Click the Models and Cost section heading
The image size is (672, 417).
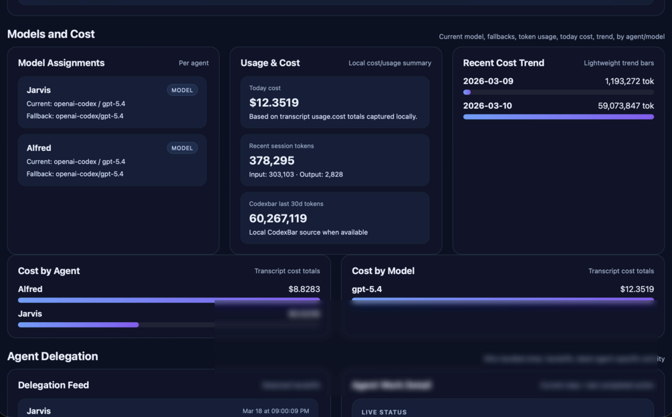click(x=51, y=34)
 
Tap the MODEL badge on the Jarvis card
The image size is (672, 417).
click(x=182, y=90)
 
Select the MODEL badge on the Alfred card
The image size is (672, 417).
click(x=182, y=148)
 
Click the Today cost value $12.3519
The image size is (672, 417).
click(x=273, y=102)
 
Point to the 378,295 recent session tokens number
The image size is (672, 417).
click(x=271, y=160)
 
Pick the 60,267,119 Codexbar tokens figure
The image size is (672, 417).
click(x=277, y=219)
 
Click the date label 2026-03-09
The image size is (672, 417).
click(x=488, y=82)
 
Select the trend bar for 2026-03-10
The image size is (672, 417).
click(x=558, y=117)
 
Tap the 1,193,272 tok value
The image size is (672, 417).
click(x=629, y=82)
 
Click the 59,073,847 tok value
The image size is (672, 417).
click(x=626, y=106)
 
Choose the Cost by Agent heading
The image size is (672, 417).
click(x=49, y=271)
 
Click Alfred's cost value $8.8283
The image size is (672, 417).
click(x=304, y=289)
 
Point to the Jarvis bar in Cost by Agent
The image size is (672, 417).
click(x=78, y=325)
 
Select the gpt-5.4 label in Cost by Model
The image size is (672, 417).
click(x=367, y=289)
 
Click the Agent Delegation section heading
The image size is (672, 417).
click(x=52, y=356)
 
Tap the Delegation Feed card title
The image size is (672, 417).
click(x=53, y=385)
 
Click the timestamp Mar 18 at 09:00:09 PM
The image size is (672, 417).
click(x=275, y=411)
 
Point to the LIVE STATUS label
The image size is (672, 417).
click(x=384, y=412)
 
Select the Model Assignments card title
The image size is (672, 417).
click(x=61, y=63)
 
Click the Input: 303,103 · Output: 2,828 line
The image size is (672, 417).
click(x=296, y=174)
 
